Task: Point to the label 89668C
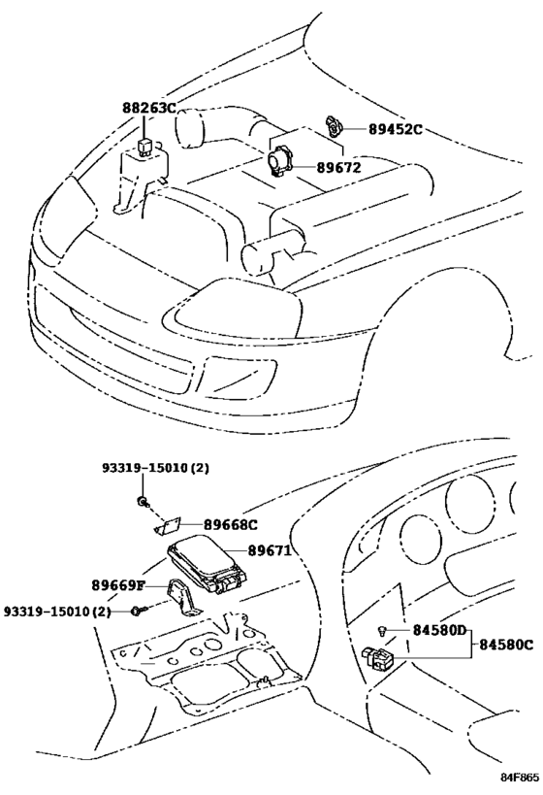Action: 229,525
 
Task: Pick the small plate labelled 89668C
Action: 170,525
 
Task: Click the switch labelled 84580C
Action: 379,659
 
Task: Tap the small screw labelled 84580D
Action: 383,631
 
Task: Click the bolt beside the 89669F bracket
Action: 139,611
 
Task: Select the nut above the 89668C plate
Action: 143,501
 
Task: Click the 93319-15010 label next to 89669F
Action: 57,611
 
